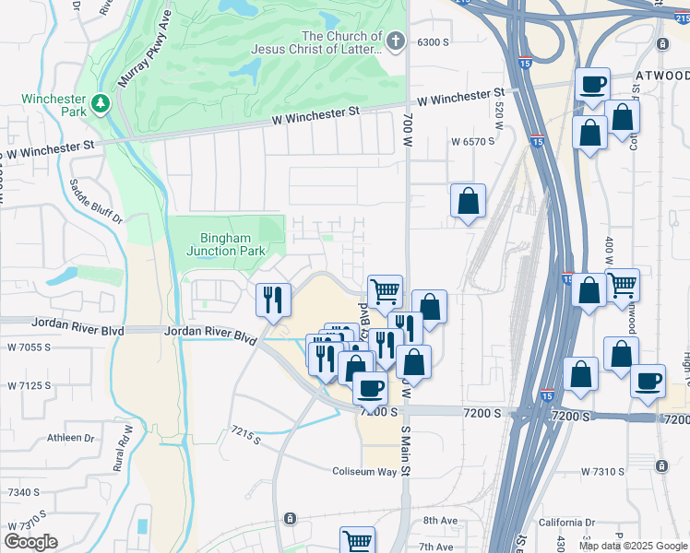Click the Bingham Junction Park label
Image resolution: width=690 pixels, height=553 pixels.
[226, 243]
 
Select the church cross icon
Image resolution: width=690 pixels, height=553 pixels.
[395, 41]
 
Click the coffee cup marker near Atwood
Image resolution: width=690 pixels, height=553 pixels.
[592, 86]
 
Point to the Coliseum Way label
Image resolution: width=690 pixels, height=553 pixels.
[364, 472]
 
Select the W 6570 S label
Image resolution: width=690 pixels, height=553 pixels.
[472, 142]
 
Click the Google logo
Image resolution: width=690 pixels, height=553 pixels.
[30, 542]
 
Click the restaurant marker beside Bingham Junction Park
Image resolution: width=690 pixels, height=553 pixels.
[273, 299]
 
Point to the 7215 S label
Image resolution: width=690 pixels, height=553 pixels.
[247, 432]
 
